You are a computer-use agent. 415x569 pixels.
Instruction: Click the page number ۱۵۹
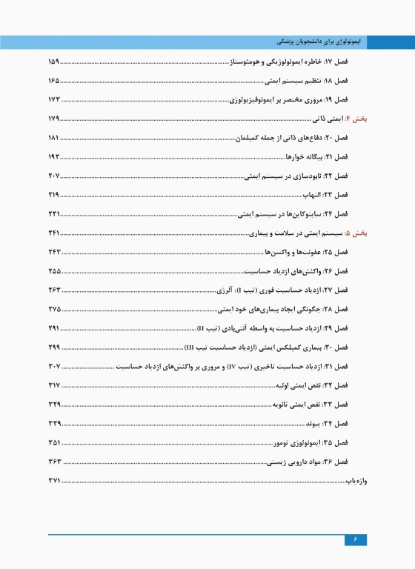[53, 61]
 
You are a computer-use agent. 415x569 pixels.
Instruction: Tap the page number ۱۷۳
[53, 99]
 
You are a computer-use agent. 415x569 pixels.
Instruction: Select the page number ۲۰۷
[53, 176]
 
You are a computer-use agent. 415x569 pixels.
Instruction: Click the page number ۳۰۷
[53, 367]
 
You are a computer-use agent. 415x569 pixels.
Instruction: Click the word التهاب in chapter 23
[313, 196]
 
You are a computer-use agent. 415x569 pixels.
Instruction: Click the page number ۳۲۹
[53, 405]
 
